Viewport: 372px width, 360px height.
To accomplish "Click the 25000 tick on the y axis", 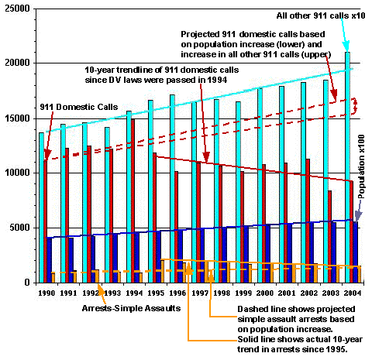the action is [x=17, y=9].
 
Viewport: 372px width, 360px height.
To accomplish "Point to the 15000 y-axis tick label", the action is [x=17, y=118].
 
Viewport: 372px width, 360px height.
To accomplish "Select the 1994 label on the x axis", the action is [x=134, y=293].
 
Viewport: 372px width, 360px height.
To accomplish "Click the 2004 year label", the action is [x=353, y=293].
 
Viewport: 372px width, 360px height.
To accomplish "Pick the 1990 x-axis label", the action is [x=46, y=293].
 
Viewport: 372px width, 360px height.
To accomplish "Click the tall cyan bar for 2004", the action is [x=347, y=167].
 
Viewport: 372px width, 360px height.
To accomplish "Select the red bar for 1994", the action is [x=133, y=201].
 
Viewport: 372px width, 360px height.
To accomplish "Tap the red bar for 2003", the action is [x=329, y=237].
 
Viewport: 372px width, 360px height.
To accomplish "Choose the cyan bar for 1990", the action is [x=41, y=207].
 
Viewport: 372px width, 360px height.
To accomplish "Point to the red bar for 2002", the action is [x=308, y=221].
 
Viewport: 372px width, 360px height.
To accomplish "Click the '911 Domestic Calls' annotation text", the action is [x=79, y=107].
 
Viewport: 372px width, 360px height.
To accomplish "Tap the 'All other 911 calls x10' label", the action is [x=321, y=15].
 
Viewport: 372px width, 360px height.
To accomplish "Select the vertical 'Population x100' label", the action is [x=361, y=166].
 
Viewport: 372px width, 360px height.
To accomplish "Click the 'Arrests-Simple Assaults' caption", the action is [x=131, y=308].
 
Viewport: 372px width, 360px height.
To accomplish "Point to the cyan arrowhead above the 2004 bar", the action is [x=346, y=46].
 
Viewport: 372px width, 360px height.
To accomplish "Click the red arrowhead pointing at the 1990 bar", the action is [x=47, y=155].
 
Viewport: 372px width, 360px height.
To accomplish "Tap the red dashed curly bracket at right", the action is [x=355, y=106].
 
